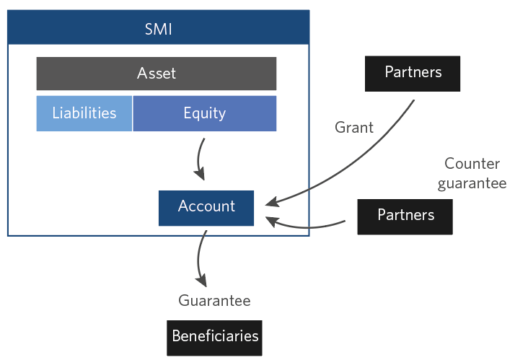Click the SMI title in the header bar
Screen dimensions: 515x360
click(x=158, y=29)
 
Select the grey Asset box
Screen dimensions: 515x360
click(x=157, y=74)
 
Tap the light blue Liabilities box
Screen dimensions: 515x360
click(x=84, y=113)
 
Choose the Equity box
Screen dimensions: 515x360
click(x=205, y=113)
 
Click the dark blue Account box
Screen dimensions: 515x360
click(x=206, y=208)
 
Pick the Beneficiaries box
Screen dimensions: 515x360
click(x=214, y=338)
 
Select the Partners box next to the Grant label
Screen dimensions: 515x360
click(x=413, y=74)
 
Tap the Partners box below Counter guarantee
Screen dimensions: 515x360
click(x=405, y=216)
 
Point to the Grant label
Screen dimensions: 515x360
click(x=354, y=128)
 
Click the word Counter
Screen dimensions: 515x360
click(x=472, y=164)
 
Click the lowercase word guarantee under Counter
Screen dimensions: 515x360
click(x=472, y=183)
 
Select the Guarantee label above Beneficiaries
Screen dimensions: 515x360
click(x=214, y=301)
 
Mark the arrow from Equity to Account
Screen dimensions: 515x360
click(x=198, y=159)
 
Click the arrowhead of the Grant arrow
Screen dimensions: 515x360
click(x=272, y=202)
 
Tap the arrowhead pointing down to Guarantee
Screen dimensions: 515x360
click(x=201, y=280)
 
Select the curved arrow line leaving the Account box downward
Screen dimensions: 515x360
click(x=198, y=258)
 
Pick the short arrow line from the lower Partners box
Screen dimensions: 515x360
click(x=305, y=227)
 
